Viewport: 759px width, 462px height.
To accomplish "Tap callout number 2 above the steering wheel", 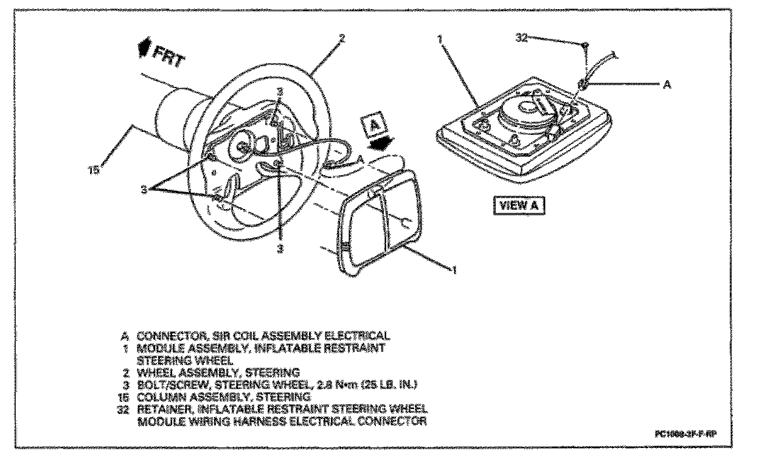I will coord(341,38).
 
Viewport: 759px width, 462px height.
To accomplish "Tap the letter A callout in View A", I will coord(667,86).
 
